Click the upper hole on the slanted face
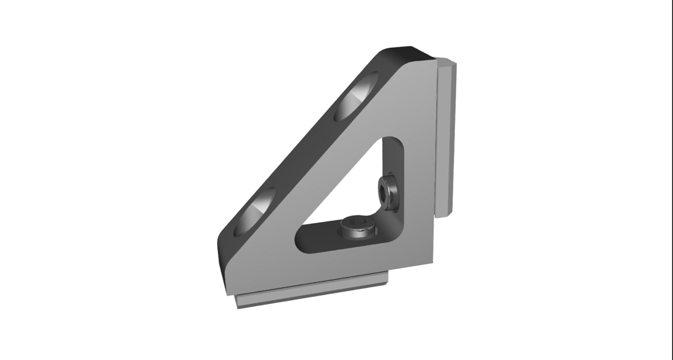pyautogui.click(x=356, y=97)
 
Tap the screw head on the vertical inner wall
pyautogui.click(x=388, y=192)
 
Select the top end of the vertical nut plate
pyautogui.click(x=447, y=63)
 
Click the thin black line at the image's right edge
pyautogui.click(x=671, y=175)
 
